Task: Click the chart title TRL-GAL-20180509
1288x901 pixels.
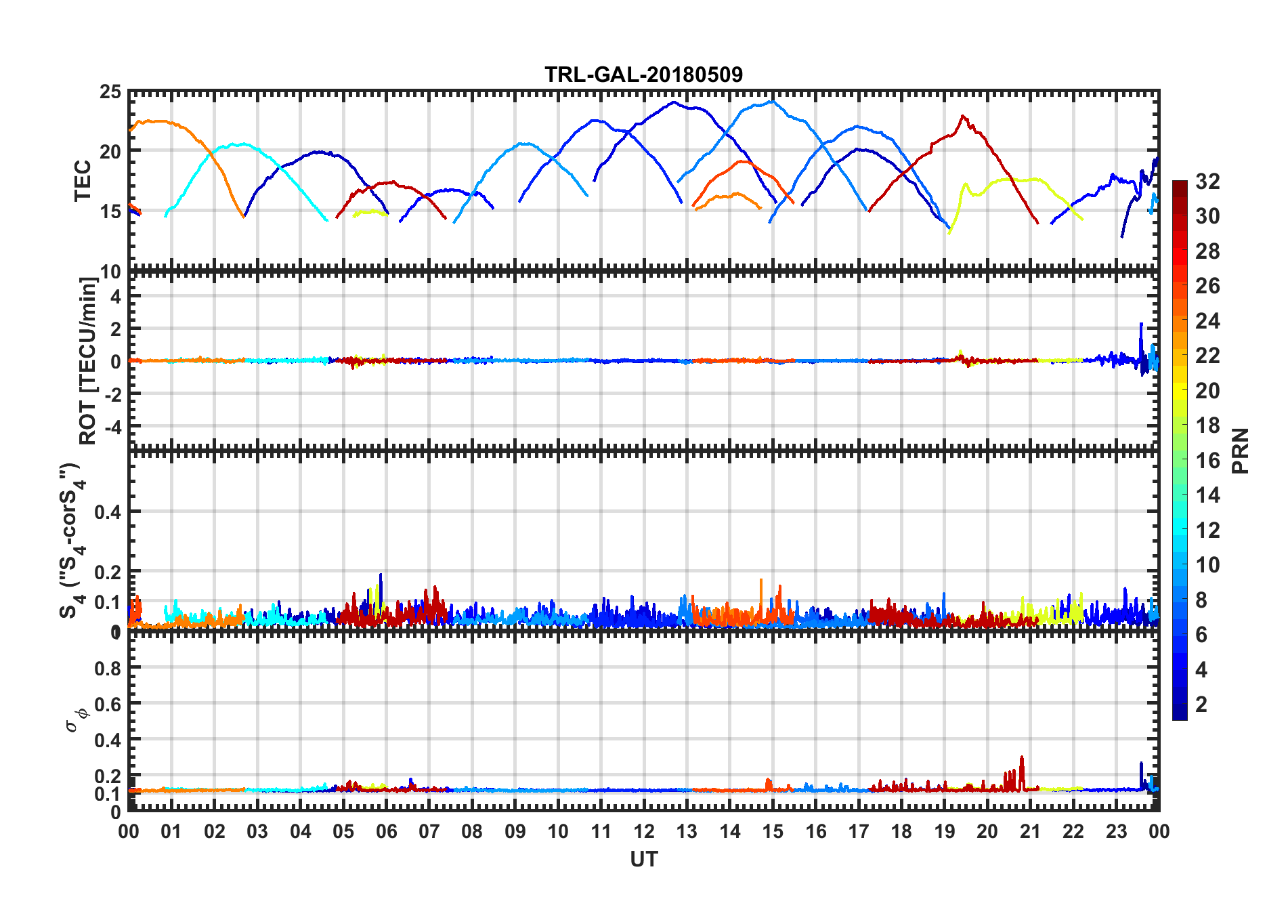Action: pyautogui.click(x=643, y=74)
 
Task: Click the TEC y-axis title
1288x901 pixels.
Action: pyautogui.click(x=83, y=181)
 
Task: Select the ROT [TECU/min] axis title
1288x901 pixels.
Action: pyautogui.click(x=88, y=360)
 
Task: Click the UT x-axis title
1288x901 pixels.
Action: pyautogui.click(x=643, y=860)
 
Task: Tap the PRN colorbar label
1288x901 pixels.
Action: pyautogui.click(x=1241, y=450)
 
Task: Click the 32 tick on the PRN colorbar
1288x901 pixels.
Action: pyautogui.click(x=1207, y=182)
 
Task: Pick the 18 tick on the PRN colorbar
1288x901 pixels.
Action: pyautogui.click(x=1207, y=425)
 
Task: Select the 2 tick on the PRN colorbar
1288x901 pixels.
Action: pyautogui.click(x=1201, y=705)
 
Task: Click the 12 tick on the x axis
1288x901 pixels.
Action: pyautogui.click(x=644, y=832)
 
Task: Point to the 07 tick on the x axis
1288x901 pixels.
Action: pyautogui.click(x=429, y=832)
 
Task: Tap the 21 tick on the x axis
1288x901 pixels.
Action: pyautogui.click(x=1030, y=832)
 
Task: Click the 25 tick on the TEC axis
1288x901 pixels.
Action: pyautogui.click(x=110, y=92)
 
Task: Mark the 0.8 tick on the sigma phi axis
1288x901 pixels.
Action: pyautogui.click(x=108, y=668)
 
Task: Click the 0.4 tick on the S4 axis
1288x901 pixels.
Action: pyautogui.click(x=108, y=512)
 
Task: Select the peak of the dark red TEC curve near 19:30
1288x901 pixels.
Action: pyautogui.click(x=963, y=116)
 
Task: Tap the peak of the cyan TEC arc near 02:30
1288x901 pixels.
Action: pyautogui.click(x=237, y=144)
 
